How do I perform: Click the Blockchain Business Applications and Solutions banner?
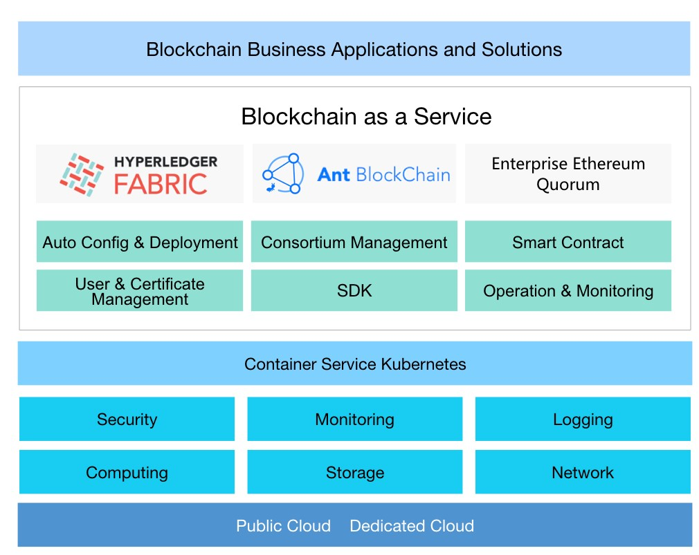coord(354,49)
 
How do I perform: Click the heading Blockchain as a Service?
coord(366,116)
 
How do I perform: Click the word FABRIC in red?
coord(161,184)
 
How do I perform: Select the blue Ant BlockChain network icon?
coord(284,173)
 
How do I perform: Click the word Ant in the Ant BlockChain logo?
coord(334,174)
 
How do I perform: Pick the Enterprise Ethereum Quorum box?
coord(568,174)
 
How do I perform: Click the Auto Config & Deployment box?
coord(140,243)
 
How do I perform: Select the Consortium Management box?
coord(354,243)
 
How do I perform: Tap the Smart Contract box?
coord(568,243)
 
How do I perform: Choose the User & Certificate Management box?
coord(140,291)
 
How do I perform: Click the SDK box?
coord(354,291)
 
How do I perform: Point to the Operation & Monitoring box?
coord(568,291)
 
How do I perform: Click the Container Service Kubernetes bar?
coord(354,364)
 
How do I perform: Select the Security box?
coord(127,420)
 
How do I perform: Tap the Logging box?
coord(583,420)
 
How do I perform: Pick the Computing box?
coord(127,473)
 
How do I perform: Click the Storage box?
coord(354,473)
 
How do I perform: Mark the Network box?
coord(583,473)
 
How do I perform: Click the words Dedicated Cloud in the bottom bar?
coord(412,526)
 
